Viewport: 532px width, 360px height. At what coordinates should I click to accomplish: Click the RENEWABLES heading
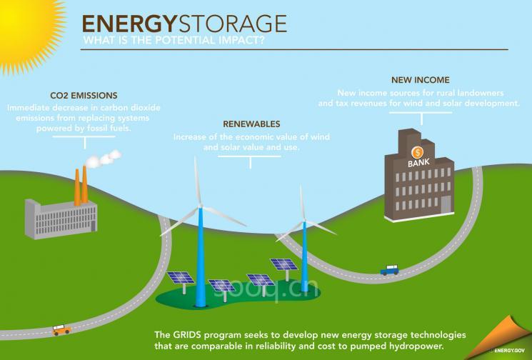pyautogui.click(x=250, y=123)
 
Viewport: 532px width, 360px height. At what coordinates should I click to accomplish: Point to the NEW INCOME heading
pyautogui.click(x=420, y=79)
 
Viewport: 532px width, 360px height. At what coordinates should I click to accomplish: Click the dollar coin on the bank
pyautogui.click(x=417, y=151)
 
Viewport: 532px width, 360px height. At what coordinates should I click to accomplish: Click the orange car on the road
pyautogui.click(x=62, y=330)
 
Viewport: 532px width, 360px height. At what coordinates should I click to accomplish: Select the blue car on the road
pyautogui.click(x=390, y=270)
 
